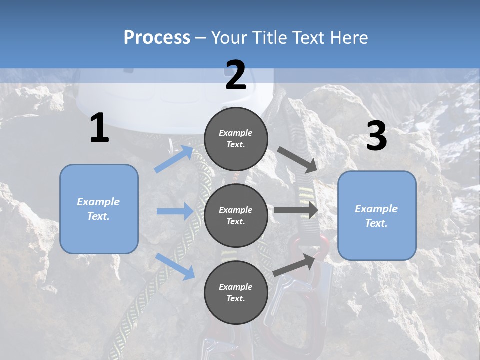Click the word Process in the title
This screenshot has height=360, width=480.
click(x=157, y=38)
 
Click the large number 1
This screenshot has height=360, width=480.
click(x=99, y=128)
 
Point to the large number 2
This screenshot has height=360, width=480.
click(x=236, y=75)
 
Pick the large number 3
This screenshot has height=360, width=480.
click(x=376, y=136)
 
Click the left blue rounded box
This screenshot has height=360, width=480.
click(x=99, y=209)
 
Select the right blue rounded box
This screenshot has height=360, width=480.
click(x=377, y=215)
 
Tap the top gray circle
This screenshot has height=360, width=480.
click(x=236, y=139)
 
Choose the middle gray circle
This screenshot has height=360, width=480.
click(x=236, y=215)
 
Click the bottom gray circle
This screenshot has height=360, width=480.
click(x=236, y=292)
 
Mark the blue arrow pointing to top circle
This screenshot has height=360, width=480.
click(x=174, y=159)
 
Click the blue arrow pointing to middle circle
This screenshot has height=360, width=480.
click(x=175, y=211)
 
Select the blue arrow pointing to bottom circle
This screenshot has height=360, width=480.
click(x=175, y=266)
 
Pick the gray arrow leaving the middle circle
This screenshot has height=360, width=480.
click(x=296, y=210)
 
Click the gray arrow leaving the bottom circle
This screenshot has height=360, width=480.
click(x=295, y=265)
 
